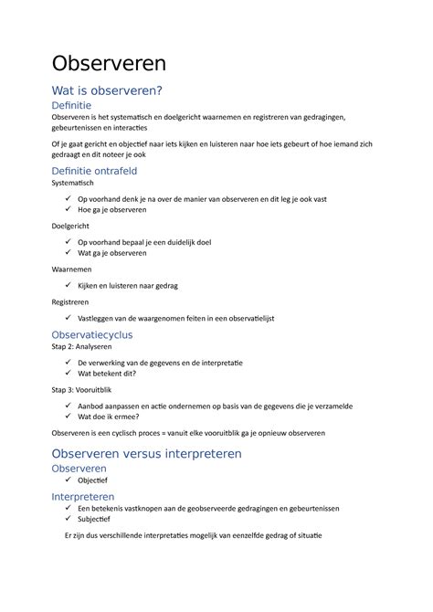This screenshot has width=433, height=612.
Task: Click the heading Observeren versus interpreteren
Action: coord(160,453)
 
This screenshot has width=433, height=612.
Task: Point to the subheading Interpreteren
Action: coord(88,496)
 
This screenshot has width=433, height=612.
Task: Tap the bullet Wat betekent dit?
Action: coord(107,374)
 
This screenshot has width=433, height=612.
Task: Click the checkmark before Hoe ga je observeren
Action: coord(68,209)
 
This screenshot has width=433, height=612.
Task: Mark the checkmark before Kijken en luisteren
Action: coord(68,285)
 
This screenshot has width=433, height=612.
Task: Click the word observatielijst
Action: coord(246,318)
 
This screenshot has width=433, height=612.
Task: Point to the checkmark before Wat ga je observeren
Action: coord(68,252)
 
